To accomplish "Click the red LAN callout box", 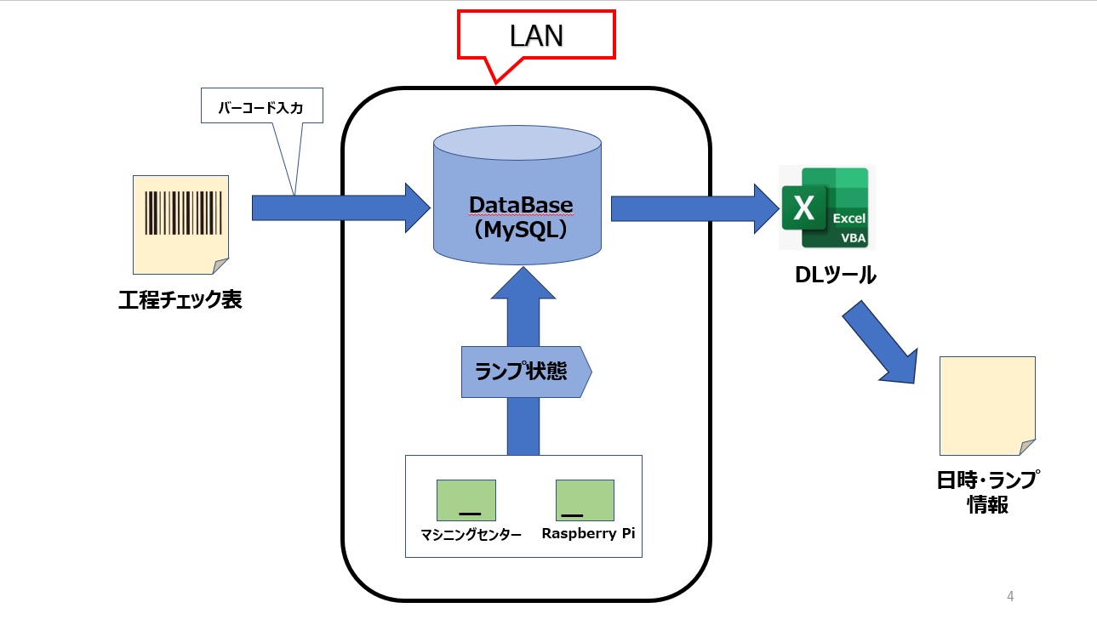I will click(536, 35).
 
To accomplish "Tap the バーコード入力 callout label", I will click(261, 109).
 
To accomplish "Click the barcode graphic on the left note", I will click(180, 213).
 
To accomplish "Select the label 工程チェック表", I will click(180, 300).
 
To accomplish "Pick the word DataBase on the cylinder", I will click(520, 206).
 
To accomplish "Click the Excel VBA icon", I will click(826, 207).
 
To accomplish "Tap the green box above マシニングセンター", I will click(466, 500).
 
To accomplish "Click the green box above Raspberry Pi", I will click(585, 500).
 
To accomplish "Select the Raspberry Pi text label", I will click(588, 534).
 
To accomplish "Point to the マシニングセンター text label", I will click(470, 535).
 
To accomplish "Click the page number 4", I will click(1010, 596).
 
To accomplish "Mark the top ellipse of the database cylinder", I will click(518, 144).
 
